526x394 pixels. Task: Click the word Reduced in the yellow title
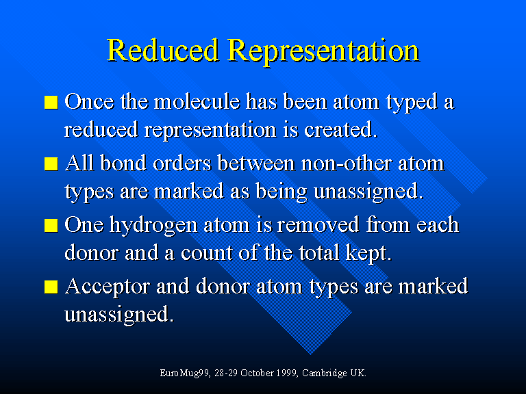[x=163, y=50]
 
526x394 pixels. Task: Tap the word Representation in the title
[x=324, y=52]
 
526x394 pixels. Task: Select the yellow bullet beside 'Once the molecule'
[x=51, y=102]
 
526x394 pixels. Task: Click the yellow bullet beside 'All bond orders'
[x=51, y=164]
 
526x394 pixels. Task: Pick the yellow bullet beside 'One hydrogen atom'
[x=51, y=225]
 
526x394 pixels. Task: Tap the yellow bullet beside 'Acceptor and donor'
[x=51, y=287]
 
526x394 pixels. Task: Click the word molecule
[x=197, y=101]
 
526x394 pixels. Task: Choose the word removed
[x=318, y=224]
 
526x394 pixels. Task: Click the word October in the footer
[x=258, y=373]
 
